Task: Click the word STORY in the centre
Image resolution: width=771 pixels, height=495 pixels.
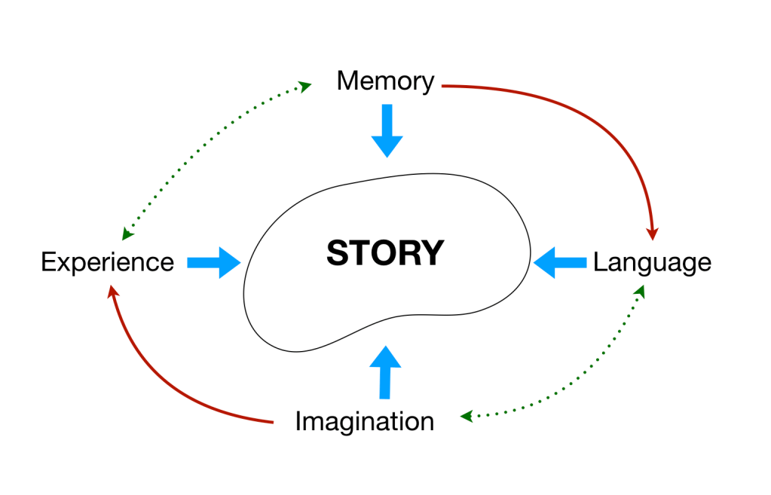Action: click(385, 253)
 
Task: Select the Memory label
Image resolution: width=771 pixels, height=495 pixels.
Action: click(385, 81)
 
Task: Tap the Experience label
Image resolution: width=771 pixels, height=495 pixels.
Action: click(107, 262)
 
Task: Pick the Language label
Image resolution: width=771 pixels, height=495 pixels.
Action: click(652, 262)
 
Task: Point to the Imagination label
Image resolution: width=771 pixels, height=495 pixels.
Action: click(364, 421)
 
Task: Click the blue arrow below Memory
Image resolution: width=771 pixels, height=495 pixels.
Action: click(387, 131)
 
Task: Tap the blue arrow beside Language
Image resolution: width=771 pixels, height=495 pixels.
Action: click(559, 262)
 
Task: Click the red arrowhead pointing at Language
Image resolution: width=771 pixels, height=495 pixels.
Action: click(653, 230)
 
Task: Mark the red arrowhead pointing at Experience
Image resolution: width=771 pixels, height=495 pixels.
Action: click(112, 291)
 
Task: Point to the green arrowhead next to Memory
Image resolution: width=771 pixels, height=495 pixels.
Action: click(305, 87)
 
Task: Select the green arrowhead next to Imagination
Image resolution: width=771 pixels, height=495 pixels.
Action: click(467, 416)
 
